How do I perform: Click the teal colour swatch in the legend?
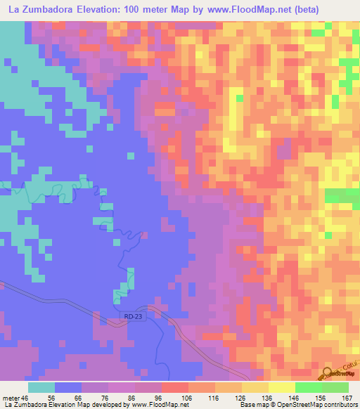point(41,387)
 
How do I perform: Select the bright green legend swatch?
point(308,387)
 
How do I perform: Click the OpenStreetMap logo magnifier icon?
point(328,372)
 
